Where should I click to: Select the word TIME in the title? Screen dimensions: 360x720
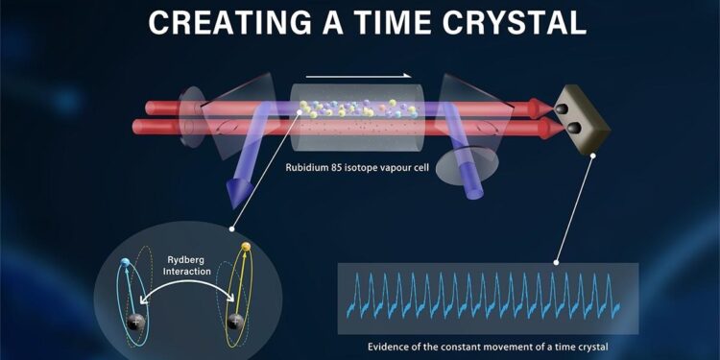373,21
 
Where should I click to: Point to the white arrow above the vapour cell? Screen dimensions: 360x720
359,74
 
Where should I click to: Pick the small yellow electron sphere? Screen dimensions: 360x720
245,249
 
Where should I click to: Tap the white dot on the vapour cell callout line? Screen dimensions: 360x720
300,113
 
